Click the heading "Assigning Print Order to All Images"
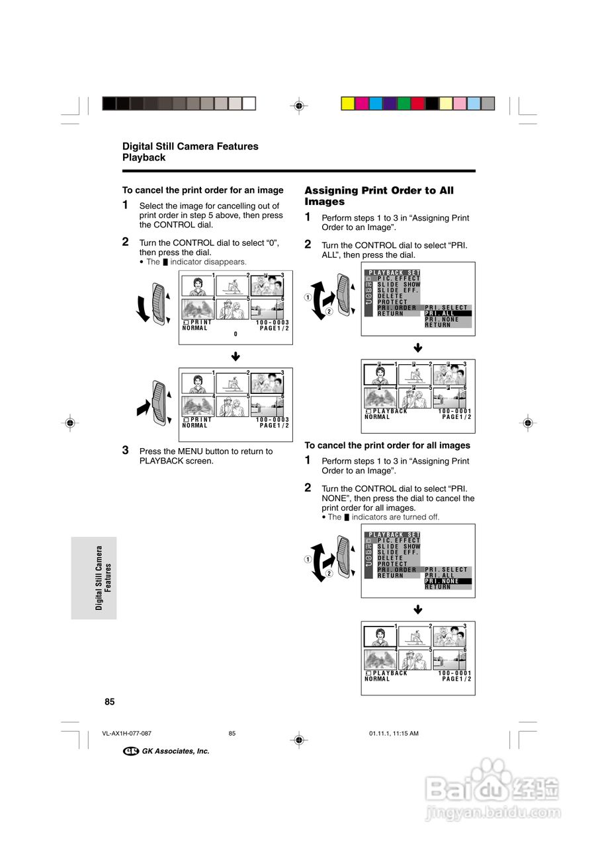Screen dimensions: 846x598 pyautogui.click(x=379, y=196)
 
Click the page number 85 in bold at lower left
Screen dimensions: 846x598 pyautogui.click(x=110, y=701)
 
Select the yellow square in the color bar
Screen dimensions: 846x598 pyautogui.click(x=347, y=103)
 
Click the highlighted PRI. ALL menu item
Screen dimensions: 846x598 pyautogui.click(x=448, y=313)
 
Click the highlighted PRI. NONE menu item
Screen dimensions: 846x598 pyautogui.click(x=448, y=581)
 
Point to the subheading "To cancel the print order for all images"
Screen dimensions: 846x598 pyautogui.click(x=387, y=445)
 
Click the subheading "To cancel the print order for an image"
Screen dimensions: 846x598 pyautogui.click(x=203, y=190)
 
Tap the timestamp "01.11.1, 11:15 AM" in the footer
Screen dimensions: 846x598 pyautogui.click(x=393, y=734)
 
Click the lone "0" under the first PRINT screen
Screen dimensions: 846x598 pyautogui.click(x=235, y=334)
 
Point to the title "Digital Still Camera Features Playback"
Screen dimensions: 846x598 pyautogui.click(x=191, y=152)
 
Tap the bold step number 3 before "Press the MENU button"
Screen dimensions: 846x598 pyautogui.click(x=126, y=450)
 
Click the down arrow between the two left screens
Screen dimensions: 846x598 pyautogui.click(x=235, y=357)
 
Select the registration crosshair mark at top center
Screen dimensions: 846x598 pyautogui.click(x=299, y=104)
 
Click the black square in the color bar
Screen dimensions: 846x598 pyautogui.click(x=432, y=103)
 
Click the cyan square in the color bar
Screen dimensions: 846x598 pyautogui.click(x=376, y=103)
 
